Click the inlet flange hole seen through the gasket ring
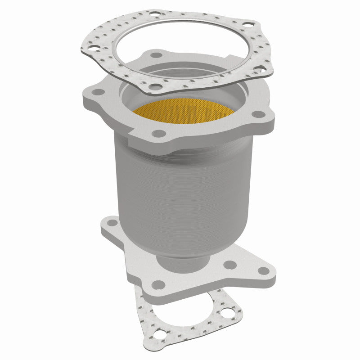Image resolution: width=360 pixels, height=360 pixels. pos(156,55)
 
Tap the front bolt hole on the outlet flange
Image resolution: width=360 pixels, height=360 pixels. pos(158,284)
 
